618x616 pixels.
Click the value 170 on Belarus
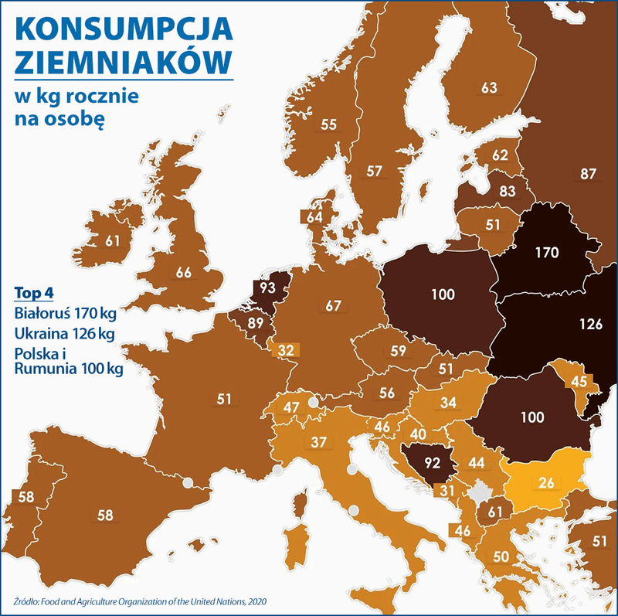click(546, 252)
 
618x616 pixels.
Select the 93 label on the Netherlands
click(268, 287)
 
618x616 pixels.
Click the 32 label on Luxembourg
click(285, 349)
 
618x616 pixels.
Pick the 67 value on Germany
click(333, 306)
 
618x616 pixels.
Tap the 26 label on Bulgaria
click(547, 483)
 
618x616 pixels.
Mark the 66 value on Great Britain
click(183, 272)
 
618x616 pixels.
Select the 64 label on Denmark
click(314, 217)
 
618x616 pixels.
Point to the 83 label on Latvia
click(507, 190)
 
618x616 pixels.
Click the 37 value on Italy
click(319, 441)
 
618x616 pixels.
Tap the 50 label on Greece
click(501, 556)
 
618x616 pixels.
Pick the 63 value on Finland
click(489, 88)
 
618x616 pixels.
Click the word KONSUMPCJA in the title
click(124, 29)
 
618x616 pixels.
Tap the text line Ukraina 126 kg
click(64, 333)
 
